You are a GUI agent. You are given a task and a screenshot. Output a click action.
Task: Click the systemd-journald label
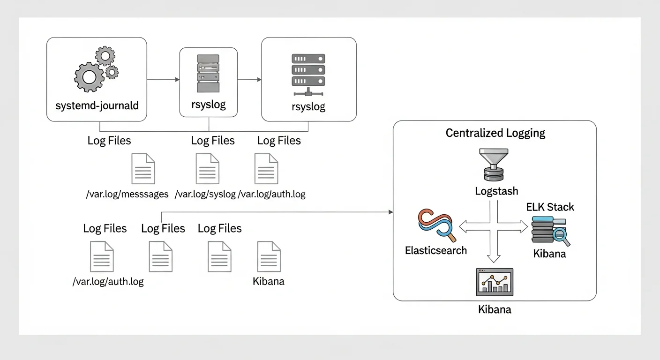pos(97,105)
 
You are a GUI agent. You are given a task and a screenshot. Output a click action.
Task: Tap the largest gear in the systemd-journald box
pos(89,77)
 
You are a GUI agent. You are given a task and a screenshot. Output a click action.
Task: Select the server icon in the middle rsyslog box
pos(209,74)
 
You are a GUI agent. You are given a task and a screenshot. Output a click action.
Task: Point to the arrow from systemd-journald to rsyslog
pos(163,80)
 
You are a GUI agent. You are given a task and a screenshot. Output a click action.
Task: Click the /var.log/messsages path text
pos(127,194)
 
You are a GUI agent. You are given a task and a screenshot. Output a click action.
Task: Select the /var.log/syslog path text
pos(205,194)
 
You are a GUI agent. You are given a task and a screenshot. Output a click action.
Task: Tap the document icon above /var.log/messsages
pos(143,168)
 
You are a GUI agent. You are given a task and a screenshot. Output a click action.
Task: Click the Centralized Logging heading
pos(495,133)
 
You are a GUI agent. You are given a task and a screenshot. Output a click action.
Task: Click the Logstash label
pos(496,191)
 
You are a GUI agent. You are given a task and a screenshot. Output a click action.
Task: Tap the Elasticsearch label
pos(436,250)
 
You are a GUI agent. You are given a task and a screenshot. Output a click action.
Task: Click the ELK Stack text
pos(550,207)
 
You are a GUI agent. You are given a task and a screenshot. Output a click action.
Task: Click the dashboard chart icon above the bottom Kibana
pos(495,282)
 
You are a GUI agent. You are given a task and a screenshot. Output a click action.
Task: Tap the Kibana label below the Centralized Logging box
pos(495,309)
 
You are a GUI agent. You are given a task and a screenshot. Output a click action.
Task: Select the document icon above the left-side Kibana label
pos(269,257)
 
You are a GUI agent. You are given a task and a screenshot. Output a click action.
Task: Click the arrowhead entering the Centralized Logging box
pos(390,212)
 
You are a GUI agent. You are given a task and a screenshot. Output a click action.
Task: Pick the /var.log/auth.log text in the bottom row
pos(108,282)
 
